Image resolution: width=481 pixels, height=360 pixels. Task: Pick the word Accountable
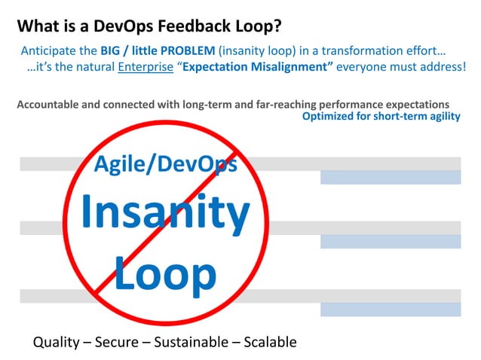49,104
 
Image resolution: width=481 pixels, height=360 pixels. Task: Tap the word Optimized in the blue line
329,117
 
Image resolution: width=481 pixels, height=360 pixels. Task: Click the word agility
441,117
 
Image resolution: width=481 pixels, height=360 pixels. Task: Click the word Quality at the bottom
56,343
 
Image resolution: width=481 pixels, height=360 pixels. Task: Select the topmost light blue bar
390,178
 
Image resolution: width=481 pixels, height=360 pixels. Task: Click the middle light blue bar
390,242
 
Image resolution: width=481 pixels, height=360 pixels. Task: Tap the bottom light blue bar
390,310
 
